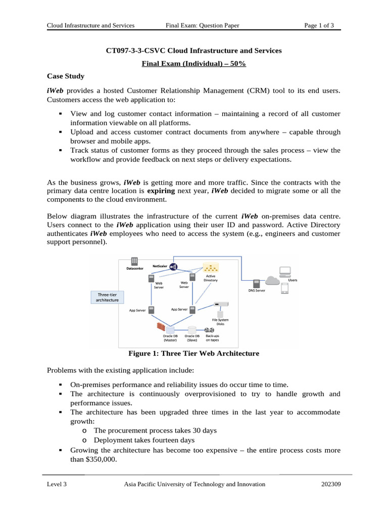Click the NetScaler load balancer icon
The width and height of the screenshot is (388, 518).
pyautogui.click(x=173, y=267)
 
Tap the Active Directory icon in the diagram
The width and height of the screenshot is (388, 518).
pyautogui.click(x=210, y=268)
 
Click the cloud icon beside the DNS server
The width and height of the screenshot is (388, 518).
pyautogui.click(x=273, y=281)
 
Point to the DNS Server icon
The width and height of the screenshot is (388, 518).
pyautogui.click(x=257, y=283)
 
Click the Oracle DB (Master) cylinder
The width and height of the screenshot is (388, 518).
pyautogui.click(x=170, y=330)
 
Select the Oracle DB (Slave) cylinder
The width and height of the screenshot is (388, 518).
pyautogui.click(x=192, y=329)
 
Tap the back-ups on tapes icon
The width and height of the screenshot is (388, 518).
pyautogui.click(x=212, y=330)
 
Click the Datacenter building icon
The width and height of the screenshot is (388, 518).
pyautogui.click(x=134, y=261)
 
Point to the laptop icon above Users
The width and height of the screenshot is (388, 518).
pyautogui.click(x=285, y=271)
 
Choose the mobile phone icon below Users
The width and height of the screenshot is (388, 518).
pyautogui.click(x=284, y=288)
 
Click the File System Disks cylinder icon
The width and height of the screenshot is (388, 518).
pyautogui.click(x=220, y=315)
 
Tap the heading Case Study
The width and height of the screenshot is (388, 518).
pyautogui.click(x=66, y=76)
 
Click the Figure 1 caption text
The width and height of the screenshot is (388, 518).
pyautogui.click(x=194, y=353)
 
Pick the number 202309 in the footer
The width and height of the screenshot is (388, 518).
pyautogui.click(x=331, y=484)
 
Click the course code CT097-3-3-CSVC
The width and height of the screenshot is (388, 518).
pyautogui.click(x=135, y=51)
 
